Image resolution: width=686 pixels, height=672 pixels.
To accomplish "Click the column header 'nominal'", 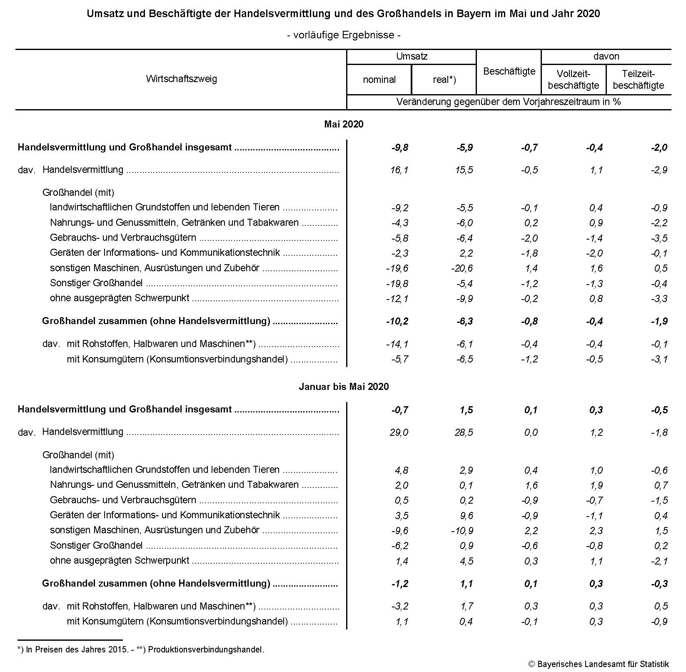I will pos(379,80).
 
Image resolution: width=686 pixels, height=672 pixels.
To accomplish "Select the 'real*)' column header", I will pos(444,80).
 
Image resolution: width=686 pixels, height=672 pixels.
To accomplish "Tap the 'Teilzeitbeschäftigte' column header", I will pos(639,80).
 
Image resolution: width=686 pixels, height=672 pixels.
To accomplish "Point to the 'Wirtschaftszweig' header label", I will pos(181,79).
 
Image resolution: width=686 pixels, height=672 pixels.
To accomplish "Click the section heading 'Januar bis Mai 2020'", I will pos(344,387).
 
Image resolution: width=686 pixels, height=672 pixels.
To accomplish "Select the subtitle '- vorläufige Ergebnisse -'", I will pos(344,35).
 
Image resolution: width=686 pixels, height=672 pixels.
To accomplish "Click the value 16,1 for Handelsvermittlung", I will pos(399,170).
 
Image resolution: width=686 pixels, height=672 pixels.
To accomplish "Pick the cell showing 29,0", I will pos(399,432).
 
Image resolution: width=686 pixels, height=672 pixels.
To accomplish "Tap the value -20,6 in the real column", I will pos(462,268).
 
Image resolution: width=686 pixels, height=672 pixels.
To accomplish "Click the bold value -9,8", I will pos(399,147).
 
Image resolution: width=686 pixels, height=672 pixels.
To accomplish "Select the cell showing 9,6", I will pos(466,516).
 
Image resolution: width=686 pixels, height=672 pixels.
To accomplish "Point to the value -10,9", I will pos(462,531).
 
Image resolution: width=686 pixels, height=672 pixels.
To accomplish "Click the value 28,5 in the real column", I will pos(464,432).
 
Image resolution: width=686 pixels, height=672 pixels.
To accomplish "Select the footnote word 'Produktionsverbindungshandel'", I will pos(205,650).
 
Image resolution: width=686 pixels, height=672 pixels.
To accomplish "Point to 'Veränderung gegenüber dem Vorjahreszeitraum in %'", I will pos(509,102).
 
